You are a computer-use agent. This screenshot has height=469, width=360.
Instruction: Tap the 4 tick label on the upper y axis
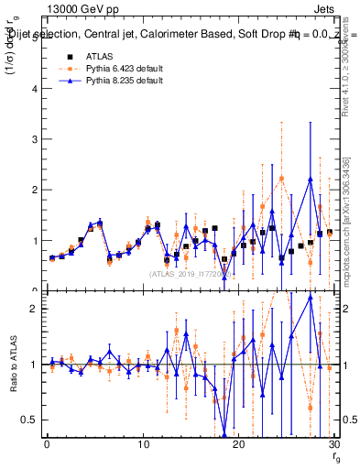pyautogui.click(x=35, y=89)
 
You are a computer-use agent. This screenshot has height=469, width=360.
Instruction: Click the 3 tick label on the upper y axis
pyautogui.click(x=35, y=139)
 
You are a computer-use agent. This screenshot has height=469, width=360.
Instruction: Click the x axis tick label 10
pyautogui.click(x=142, y=445)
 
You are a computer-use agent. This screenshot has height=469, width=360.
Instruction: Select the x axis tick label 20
pyautogui.click(x=238, y=445)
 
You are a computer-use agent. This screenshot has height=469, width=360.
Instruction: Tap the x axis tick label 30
pyautogui.click(x=333, y=445)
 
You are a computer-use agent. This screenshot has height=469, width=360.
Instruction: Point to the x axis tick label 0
pyautogui.click(x=47, y=445)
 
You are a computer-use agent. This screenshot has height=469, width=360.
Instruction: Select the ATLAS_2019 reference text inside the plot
pyautogui.click(x=190, y=273)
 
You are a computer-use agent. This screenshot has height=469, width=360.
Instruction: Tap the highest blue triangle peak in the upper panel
pyautogui.click(x=311, y=179)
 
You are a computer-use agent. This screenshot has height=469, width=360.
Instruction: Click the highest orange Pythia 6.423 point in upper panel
pyautogui.click(x=281, y=179)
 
